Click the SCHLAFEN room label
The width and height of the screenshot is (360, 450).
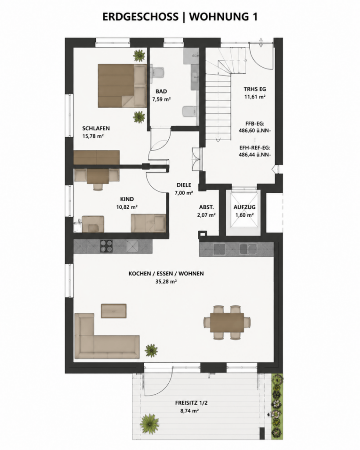coord(96,128)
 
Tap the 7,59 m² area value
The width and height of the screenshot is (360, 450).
coord(161,99)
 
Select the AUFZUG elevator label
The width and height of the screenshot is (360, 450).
coord(244,207)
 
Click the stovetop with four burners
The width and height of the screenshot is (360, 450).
coord(106,246)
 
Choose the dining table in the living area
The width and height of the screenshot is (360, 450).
coord(227,322)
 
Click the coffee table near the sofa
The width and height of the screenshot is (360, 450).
coord(114,311)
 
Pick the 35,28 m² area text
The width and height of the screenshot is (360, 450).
coord(166,282)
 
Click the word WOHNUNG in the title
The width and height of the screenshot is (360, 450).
coord(219,17)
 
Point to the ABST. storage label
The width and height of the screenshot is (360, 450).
coord(207,207)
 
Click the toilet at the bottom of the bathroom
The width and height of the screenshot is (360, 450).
coord(190,111)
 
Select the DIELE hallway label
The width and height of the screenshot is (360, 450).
coord(184,185)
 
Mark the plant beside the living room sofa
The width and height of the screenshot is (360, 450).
coord(151,350)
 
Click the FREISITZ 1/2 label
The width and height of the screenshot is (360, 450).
coord(192,403)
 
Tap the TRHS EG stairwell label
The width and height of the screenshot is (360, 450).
coord(255,89)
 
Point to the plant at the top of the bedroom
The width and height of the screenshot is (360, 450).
coord(139,55)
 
